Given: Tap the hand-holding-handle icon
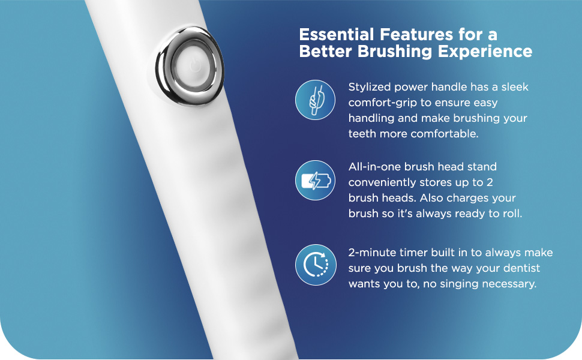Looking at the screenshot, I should [x=315, y=100].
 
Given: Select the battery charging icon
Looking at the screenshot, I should [x=315, y=181].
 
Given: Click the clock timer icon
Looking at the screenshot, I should [x=315, y=265].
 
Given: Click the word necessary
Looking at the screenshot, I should [x=508, y=284].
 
